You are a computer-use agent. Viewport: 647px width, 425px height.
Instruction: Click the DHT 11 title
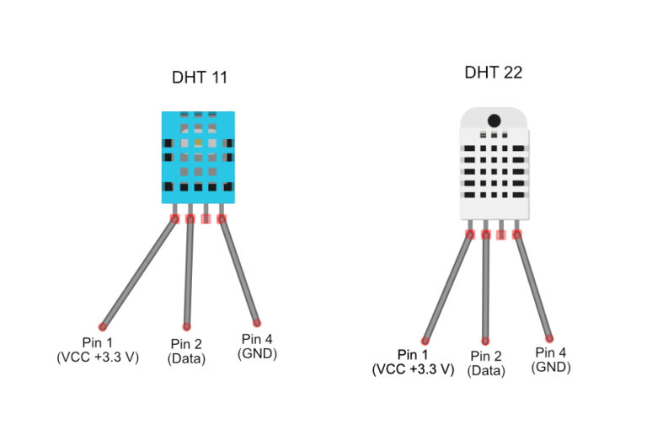tap(200, 78)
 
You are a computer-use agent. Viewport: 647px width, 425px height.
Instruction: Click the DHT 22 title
tap(493, 73)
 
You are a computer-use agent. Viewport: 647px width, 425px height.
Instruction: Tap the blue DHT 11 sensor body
tap(198, 157)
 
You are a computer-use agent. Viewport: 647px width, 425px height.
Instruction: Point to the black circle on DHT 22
tap(494, 121)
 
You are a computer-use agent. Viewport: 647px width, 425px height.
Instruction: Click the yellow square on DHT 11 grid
tap(198, 143)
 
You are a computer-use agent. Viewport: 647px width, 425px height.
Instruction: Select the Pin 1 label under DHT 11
tap(98, 350)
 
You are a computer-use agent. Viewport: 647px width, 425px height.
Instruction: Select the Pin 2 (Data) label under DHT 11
tap(186, 351)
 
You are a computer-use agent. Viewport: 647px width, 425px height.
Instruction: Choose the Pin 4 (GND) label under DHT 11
tap(257, 347)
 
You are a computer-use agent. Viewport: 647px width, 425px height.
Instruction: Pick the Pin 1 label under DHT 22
tap(413, 362)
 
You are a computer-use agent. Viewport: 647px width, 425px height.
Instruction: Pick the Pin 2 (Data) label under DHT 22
tap(486, 363)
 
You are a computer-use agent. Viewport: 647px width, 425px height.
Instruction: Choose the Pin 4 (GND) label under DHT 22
tap(551, 360)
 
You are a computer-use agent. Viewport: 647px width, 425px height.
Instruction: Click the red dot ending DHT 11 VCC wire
tap(102, 326)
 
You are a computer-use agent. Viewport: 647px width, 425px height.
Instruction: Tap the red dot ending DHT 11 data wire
tap(186, 326)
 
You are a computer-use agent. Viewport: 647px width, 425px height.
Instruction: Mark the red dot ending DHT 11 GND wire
tap(257, 323)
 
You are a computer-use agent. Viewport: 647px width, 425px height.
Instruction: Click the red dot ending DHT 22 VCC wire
tap(425, 341)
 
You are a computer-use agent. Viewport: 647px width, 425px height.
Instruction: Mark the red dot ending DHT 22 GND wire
tap(549, 339)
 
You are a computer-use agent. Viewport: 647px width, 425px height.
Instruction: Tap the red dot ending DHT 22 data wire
tap(485, 342)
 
